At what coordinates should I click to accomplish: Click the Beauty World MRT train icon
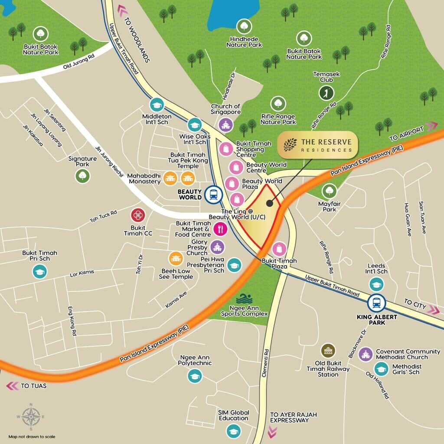tap(213, 194)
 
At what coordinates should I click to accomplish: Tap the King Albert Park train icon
tap(376, 303)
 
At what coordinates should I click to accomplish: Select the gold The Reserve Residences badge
tap(318, 145)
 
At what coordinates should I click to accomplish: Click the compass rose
tap(31, 417)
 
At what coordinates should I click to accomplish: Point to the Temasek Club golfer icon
tap(326, 92)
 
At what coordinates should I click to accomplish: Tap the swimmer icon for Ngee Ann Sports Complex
tap(244, 299)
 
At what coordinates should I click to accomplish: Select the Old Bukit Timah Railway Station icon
tap(328, 351)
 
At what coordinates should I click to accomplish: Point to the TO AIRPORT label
tap(406, 134)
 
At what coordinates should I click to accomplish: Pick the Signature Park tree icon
tap(82, 176)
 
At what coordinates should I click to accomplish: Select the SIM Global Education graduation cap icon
tap(233, 431)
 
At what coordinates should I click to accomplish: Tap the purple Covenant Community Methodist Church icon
tap(366, 354)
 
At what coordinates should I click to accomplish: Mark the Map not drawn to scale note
tap(32, 436)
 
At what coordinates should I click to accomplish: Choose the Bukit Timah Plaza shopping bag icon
tap(280, 249)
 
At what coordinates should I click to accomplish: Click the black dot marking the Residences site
tap(270, 202)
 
